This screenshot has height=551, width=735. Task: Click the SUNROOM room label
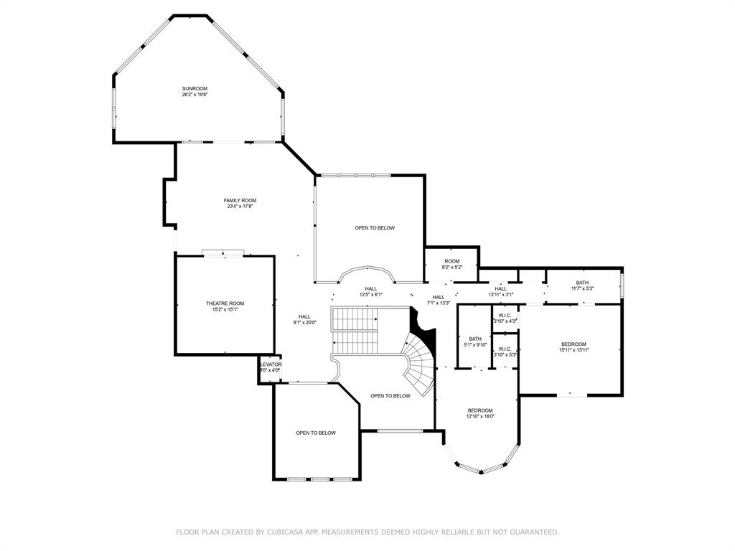195,88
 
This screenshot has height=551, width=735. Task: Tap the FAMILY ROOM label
240,200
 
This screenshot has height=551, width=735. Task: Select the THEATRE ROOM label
225,303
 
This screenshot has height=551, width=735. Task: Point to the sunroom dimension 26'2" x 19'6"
195,95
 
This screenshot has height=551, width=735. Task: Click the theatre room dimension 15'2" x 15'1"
225,310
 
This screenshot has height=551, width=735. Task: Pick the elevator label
270,364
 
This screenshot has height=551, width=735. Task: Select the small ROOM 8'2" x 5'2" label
451,261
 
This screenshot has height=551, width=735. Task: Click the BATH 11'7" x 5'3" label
582,283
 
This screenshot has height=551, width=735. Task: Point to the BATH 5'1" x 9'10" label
475,339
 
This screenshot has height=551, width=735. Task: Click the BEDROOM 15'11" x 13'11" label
574,344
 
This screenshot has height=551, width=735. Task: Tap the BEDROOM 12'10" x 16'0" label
479,410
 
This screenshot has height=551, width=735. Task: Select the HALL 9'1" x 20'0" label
305,316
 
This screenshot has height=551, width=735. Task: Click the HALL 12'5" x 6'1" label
370,288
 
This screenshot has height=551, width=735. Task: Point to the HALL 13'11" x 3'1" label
500,288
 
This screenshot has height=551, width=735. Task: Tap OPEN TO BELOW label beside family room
375,228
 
